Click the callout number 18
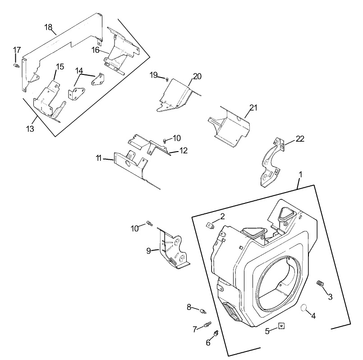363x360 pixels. coord(48,27)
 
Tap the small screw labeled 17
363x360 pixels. coord(17,66)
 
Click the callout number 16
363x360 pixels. coord(96,50)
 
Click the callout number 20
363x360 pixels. coord(197,76)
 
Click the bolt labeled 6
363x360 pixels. coord(216,333)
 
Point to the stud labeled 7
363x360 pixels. coord(208,324)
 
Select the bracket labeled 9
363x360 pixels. coord(173,250)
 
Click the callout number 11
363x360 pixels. coord(98,158)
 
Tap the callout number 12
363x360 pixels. coord(184,150)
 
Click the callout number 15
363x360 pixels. coord(60,66)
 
